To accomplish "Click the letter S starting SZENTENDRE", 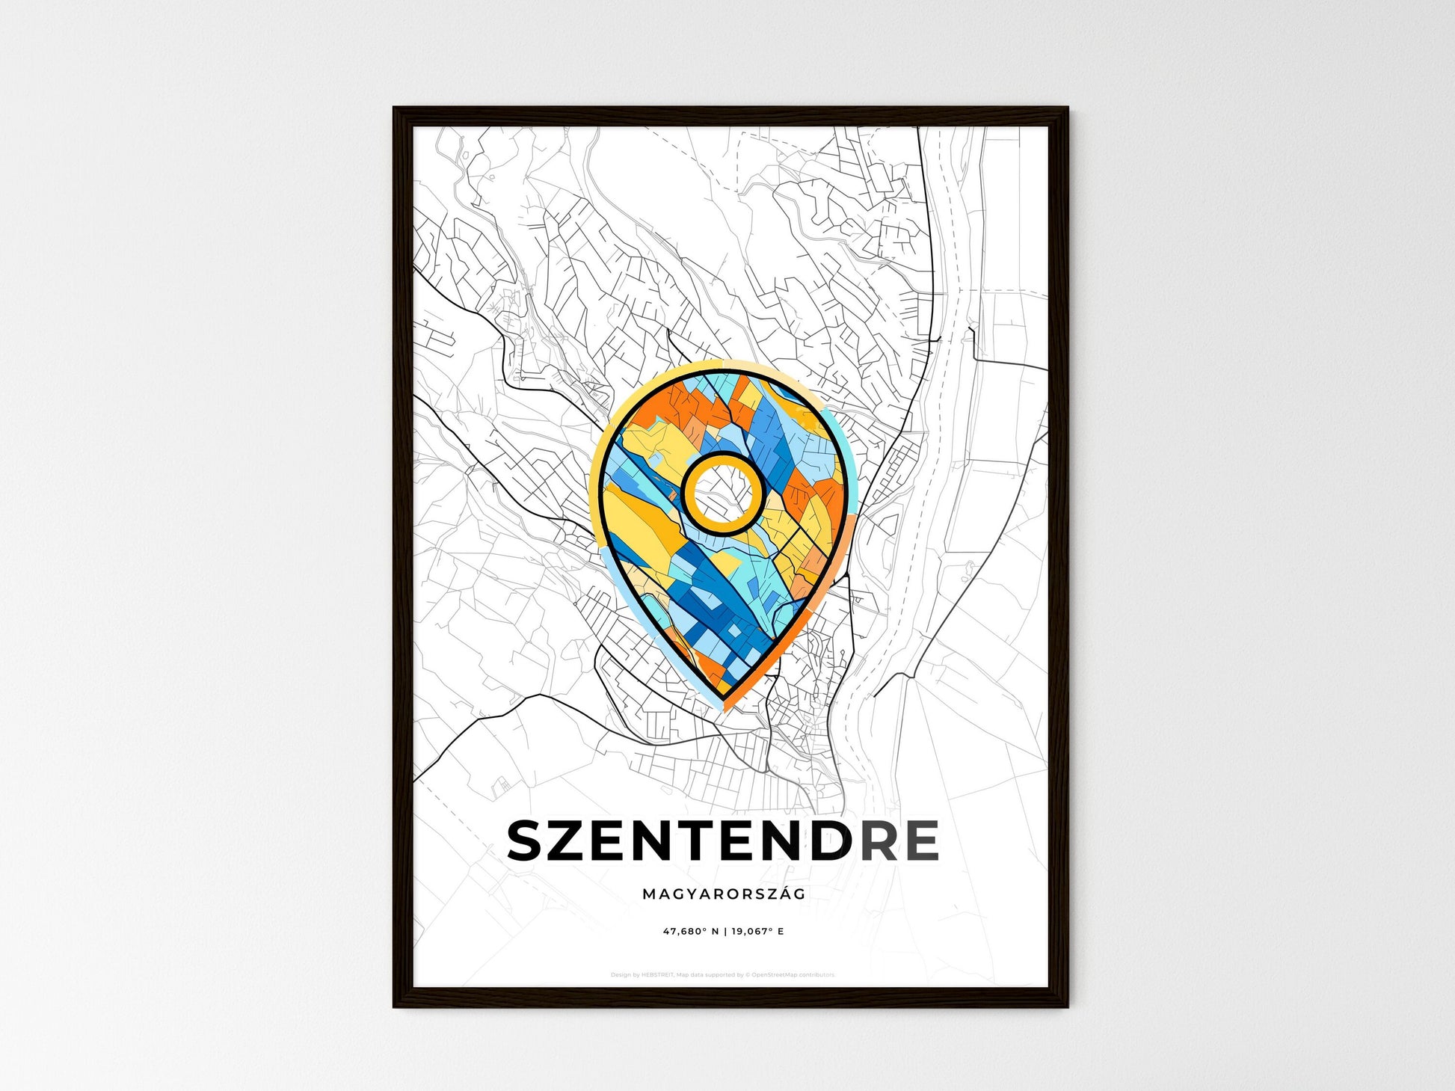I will (x=530, y=840).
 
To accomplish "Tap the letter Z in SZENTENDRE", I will (x=578, y=840).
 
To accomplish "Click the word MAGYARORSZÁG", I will (x=723, y=894).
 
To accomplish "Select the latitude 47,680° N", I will (x=689, y=932).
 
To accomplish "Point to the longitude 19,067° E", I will (x=758, y=932).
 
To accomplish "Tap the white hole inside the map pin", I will (x=723, y=493).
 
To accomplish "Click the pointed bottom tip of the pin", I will (x=725, y=699).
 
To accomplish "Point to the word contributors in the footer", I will (x=818, y=975).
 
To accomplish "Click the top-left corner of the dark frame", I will (x=395, y=109).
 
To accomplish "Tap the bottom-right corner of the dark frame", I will (x=1066, y=1006).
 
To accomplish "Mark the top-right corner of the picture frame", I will (x=1066, y=109).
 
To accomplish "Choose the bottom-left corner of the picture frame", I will (x=395, y=1006).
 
